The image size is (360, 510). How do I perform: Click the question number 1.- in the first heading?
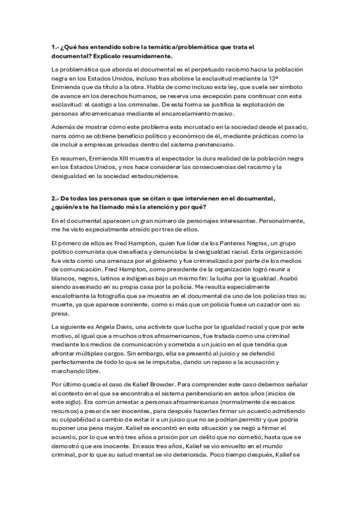click(x=56, y=46)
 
